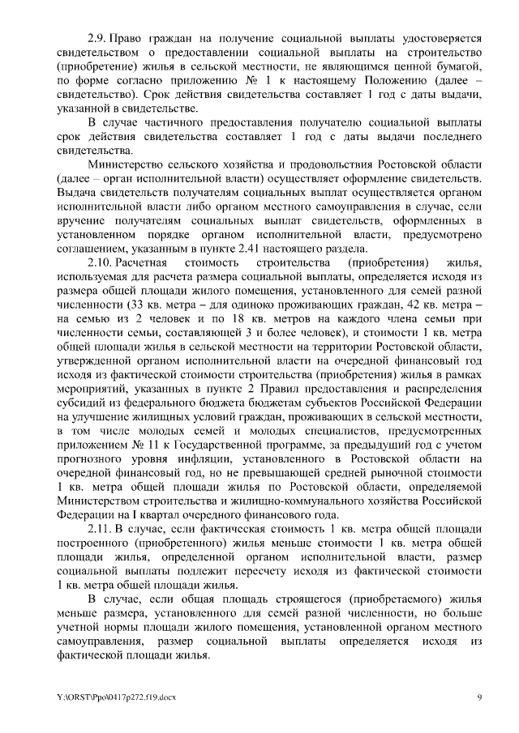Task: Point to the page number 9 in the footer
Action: coord(478,697)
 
